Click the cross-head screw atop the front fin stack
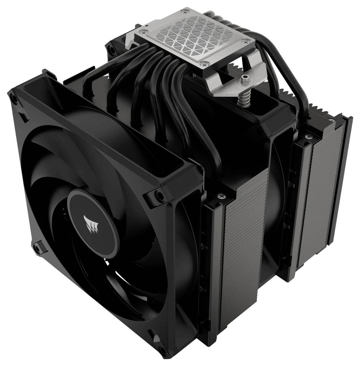(220, 196)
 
